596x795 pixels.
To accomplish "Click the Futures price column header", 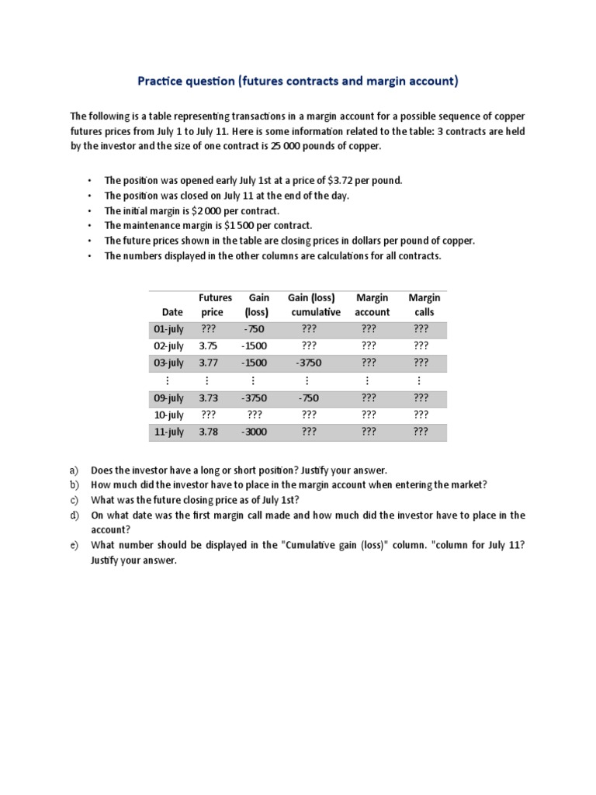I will (x=215, y=305).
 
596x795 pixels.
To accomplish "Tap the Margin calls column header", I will (x=424, y=305).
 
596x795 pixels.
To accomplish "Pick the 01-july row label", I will (x=169, y=329).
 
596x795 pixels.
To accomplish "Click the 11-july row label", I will (x=169, y=432).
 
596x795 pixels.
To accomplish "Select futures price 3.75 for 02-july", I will (x=209, y=346).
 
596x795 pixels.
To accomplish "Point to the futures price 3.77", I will (x=209, y=363).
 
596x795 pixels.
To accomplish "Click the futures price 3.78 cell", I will (x=209, y=432).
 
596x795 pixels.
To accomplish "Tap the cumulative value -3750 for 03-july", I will (x=308, y=363).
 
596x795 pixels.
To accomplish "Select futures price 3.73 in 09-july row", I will (x=209, y=397).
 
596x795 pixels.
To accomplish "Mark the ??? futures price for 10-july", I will (x=209, y=415).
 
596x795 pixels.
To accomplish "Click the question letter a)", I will (x=74, y=470).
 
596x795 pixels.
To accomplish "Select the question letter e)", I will (x=74, y=545).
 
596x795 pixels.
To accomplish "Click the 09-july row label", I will (x=169, y=397).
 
